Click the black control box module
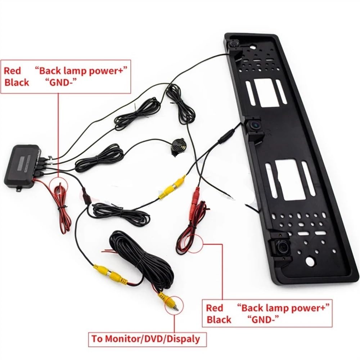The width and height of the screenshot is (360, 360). [22, 165]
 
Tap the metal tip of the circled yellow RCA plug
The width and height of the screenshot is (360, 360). [176, 308]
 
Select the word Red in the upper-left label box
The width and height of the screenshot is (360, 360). [12, 71]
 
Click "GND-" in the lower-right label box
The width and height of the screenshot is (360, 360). [263, 319]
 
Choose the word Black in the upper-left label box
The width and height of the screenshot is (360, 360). [17, 83]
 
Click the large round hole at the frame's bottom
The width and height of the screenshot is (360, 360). [310, 261]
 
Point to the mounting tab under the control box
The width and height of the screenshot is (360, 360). [19, 189]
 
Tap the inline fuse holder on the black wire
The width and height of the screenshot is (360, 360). [86, 196]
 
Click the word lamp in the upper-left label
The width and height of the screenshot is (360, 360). [74, 71]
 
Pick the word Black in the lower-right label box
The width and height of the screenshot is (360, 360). [219, 320]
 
